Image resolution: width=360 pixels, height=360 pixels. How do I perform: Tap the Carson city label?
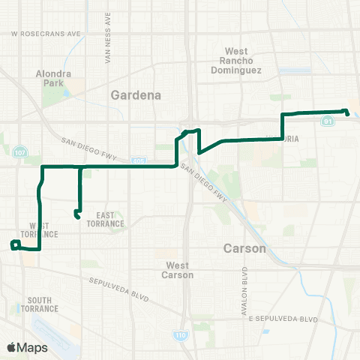244,247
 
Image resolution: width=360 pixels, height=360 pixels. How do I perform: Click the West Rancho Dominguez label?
242,61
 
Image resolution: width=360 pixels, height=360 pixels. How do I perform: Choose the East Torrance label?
108,220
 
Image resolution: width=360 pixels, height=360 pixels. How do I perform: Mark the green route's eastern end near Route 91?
346,112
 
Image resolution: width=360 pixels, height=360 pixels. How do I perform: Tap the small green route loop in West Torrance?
14,244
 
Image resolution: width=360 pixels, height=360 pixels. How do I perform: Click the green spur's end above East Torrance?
77,216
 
